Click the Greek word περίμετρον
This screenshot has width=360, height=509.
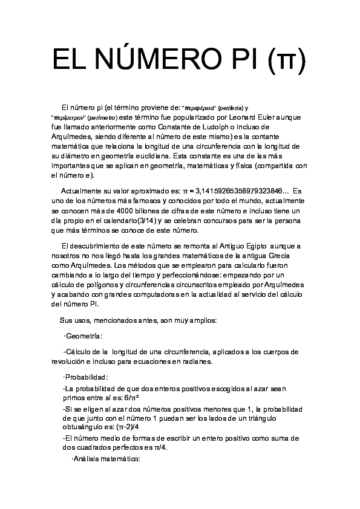point(70,117)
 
